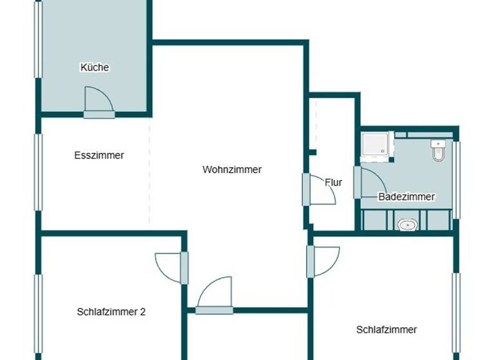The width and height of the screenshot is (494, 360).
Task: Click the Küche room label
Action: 95,67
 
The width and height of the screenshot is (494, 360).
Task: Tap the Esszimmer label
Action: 99,156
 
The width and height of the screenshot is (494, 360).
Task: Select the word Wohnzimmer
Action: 232,170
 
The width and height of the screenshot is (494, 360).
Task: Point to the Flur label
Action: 333,183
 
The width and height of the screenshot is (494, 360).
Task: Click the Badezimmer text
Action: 407,197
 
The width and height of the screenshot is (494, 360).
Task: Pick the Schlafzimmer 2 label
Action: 111,312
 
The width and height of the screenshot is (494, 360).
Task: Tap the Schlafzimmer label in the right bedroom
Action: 387,330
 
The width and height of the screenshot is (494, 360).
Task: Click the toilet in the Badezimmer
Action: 439,150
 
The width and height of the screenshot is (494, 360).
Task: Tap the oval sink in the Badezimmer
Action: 407,224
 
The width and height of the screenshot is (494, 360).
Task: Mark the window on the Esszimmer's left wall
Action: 39,172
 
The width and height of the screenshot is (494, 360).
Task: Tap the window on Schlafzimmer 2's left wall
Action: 39,312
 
